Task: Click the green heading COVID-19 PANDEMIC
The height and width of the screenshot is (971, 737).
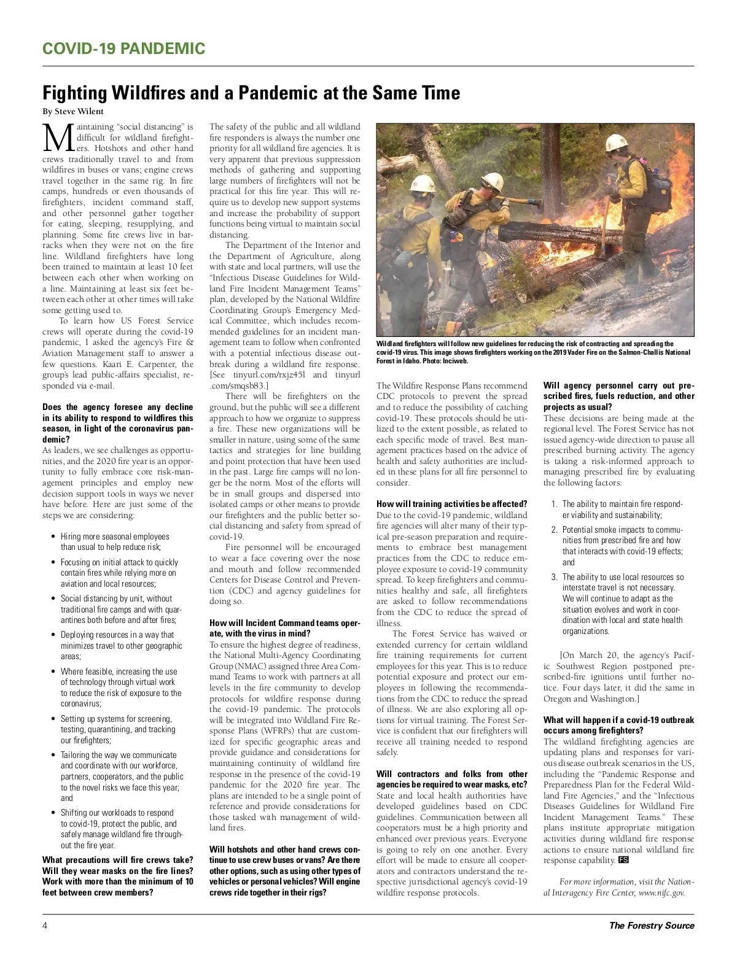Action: tap(123, 49)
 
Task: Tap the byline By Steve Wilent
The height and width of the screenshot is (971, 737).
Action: tap(73, 112)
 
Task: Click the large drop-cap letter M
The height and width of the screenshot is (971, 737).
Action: tap(58, 138)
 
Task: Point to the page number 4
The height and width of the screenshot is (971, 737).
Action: tap(45, 926)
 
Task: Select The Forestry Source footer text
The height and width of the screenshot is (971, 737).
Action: tap(651, 926)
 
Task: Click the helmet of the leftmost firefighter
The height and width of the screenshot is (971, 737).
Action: tap(422, 183)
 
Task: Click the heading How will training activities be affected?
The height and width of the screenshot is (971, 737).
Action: tap(451, 504)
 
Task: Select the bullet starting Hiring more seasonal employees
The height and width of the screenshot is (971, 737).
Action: tap(115, 541)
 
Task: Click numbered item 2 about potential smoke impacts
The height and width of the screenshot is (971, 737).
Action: tap(622, 546)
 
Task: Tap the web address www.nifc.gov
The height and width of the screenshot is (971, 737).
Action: tap(661, 893)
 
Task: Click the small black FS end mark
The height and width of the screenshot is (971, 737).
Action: tap(623, 860)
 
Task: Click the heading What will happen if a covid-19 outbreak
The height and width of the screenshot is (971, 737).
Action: tap(618, 725)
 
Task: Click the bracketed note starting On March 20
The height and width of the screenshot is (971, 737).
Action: tap(618, 677)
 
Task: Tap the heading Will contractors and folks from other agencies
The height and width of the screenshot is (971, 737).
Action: tap(451, 779)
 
